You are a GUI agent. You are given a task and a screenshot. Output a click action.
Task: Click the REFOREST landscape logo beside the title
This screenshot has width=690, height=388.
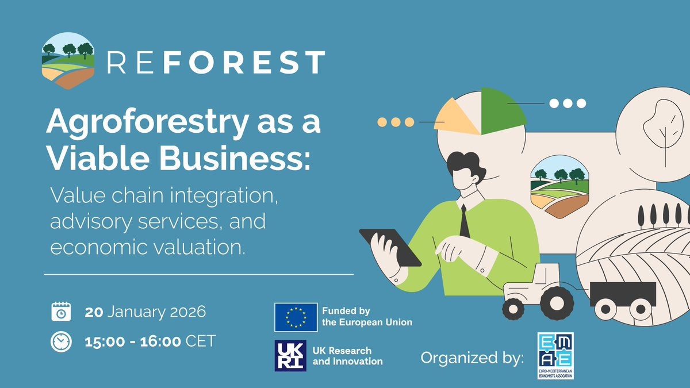click(x=68, y=61)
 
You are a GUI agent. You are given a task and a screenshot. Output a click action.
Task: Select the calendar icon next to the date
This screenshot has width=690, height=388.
click(x=61, y=312)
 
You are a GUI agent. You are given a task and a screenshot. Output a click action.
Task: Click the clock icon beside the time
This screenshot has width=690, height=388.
click(x=61, y=342)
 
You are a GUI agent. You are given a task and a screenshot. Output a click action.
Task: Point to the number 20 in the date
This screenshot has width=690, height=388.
click(x=94, y=312)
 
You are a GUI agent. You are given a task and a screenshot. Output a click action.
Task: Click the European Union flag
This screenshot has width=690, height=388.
click(x=296, y=317)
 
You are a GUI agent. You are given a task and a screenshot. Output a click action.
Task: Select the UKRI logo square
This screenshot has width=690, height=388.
click(x=290, y=356)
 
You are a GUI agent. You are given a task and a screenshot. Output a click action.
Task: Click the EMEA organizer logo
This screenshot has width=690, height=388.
click(x=555, y=355)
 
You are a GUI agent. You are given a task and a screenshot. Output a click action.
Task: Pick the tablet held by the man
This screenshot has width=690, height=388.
click(x=390, y=247)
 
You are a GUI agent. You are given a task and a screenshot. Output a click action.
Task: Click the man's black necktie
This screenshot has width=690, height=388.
click(x=464, y=222)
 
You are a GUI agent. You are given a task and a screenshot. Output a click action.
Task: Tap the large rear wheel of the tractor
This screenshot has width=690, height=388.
click(x=557, y=304)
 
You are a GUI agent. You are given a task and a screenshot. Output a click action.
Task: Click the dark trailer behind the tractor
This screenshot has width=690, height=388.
click(x=623, y=294)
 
